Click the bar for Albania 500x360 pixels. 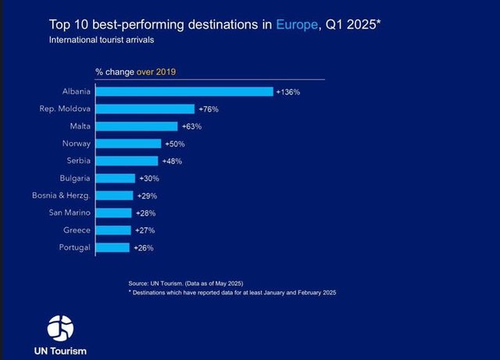click(184, 91)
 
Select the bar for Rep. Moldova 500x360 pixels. click(145, 109)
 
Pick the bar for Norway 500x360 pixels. click(128, 144)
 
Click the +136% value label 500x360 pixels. click(288, 92)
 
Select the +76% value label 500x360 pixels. click(208, 109)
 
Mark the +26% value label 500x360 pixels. click(144, 248)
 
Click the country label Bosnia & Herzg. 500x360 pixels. click(62, 195)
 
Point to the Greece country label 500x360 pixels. click(77, 230)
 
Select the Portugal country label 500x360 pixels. click(74, 248)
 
